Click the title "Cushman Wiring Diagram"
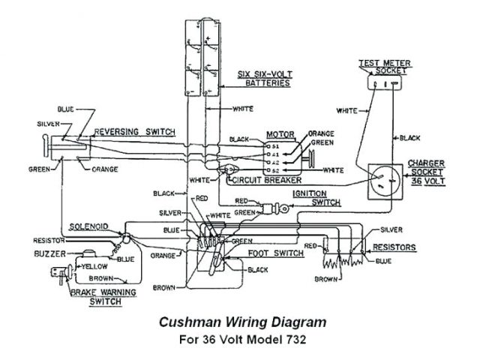(243, 322)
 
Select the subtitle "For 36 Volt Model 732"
(243, 339)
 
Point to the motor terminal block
(267, 154)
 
